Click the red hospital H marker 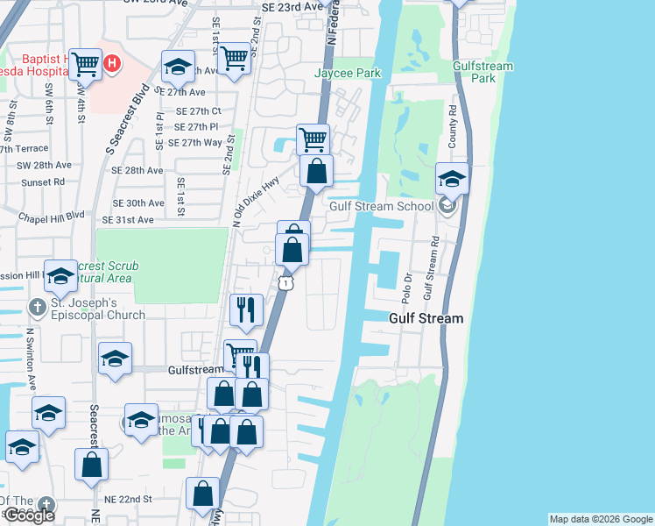click(112, 63)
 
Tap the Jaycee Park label click(348, 74)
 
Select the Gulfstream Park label click(475, 72)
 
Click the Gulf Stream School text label click(382, 207)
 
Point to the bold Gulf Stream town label click(426, 318)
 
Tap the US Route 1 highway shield click(285, 282)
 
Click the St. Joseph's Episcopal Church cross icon click(38, 309)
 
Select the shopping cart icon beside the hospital click(85, 63)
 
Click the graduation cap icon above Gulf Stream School click(453, 179)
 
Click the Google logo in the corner click(28, 515)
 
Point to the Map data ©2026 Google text click(601, 519)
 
